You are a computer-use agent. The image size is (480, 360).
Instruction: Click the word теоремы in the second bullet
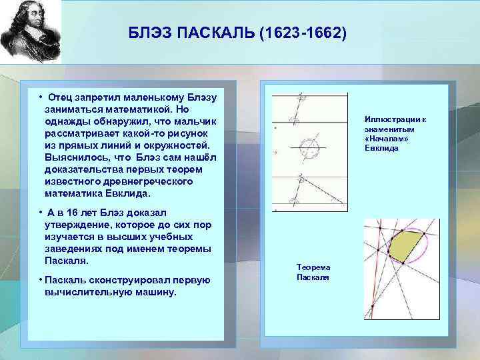[189, 249]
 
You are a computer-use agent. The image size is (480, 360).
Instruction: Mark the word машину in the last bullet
[154, 291]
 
